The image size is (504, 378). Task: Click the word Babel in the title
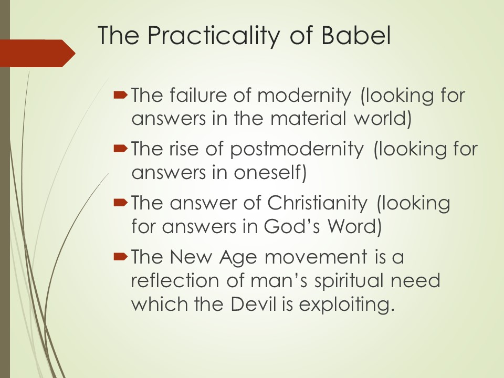click(356, 35)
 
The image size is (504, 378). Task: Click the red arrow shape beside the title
click(38, 54)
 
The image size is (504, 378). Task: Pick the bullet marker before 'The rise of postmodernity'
click(121, 148)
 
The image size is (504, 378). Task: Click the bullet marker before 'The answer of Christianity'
click(121, 202)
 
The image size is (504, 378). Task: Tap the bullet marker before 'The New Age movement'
click(121, 256)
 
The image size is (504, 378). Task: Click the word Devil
click(254, 303)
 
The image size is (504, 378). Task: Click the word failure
click(198, 95)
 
